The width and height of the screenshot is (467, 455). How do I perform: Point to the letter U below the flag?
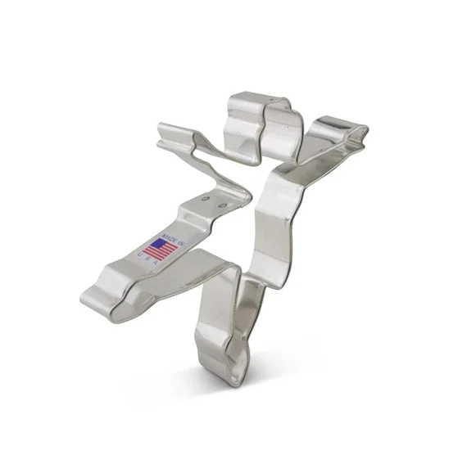[x=139, y=255]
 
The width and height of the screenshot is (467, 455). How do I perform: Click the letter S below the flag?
[x=147, y=259]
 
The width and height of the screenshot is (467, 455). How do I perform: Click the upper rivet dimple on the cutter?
[x=205, y=197]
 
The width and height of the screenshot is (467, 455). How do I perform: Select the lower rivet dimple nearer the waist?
[x=221, y=205]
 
